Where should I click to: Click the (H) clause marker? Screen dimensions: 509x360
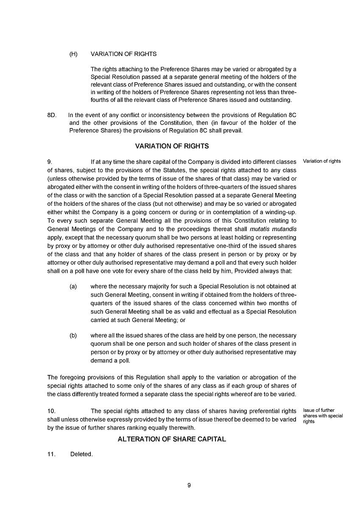(x=73, y=54)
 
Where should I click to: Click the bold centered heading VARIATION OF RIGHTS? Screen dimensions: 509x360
(x=172, y=146)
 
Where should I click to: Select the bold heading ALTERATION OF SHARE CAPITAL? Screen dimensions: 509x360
(x=172, y=439)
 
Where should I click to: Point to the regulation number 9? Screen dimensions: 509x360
(x=50, y=162)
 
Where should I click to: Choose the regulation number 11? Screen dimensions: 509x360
(x=51, y=454)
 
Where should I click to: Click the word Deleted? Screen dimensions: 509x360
(x=81, y=454)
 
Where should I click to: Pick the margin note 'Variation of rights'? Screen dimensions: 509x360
(x=322, y=161)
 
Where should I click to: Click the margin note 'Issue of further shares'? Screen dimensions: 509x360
(x=323, y=416)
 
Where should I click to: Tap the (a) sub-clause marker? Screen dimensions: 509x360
(x=73, y=287)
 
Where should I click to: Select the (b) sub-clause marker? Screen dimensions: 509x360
(x=73, y=336)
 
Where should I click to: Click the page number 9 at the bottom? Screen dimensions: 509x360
(x=189, y=486)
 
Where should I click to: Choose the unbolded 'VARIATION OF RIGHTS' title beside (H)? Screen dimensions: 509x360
(x=123, y=54)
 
